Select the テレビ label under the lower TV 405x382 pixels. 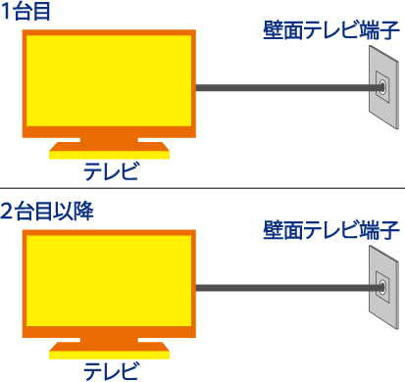click(110, 370)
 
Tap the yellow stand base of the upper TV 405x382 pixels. click(110, 152)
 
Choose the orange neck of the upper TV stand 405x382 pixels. click(110, 141)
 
